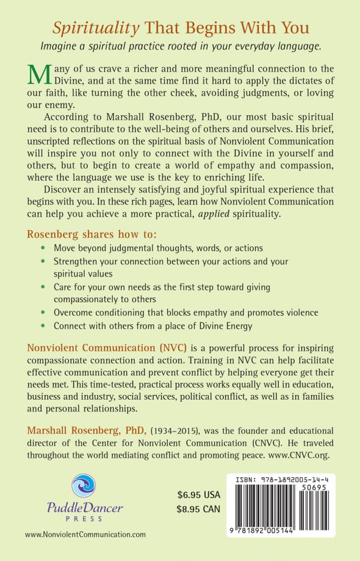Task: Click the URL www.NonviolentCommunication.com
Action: (x=85, y=534)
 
